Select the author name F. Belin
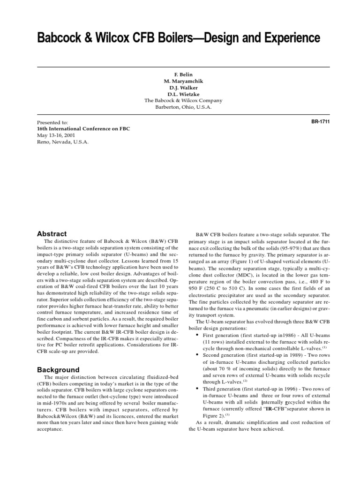tap(183, 75)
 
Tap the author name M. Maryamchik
tap(183, 81)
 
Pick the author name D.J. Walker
tap(183, 88)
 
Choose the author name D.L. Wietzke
tap(183, 94)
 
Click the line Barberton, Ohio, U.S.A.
tap(183, 107)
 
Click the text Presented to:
tap(52, 122)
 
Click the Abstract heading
tap(52, 234)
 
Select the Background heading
tap(58, 370)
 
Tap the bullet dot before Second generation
tap(198, 356)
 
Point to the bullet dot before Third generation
tap(198, 389)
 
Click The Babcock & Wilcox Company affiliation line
tap(183, 101)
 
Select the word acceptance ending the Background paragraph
tap(49, 429)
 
